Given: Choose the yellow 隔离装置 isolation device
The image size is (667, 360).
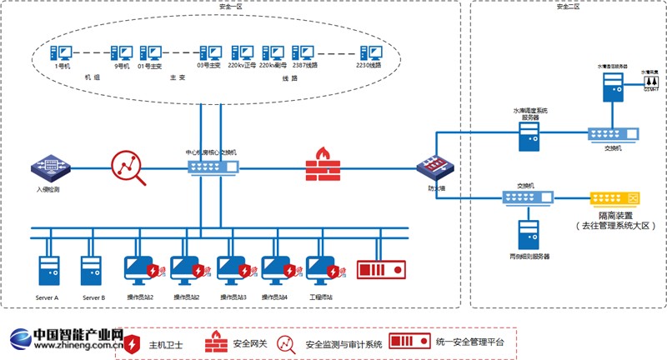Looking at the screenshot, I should point(615,198).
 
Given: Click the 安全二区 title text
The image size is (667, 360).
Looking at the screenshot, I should point(567,6).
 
